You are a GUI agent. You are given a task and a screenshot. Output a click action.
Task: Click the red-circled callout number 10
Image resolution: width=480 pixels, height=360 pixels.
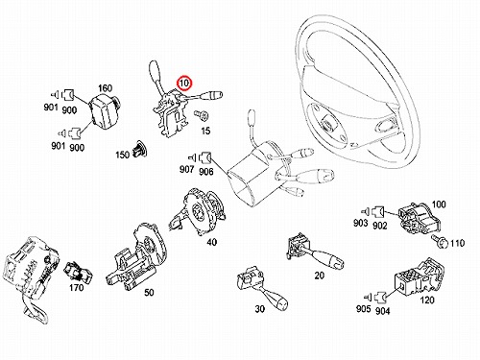point(184,84)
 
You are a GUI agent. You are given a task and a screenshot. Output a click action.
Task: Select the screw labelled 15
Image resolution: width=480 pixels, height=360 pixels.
point(202,115)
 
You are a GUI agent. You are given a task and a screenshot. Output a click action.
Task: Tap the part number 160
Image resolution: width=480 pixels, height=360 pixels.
point(105,88)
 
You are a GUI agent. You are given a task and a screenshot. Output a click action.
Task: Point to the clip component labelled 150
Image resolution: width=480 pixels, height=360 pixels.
point(140,149)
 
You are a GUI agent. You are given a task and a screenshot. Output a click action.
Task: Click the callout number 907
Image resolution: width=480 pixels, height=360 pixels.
point(186,169)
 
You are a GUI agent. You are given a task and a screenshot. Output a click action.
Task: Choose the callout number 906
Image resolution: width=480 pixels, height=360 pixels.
point(205,171)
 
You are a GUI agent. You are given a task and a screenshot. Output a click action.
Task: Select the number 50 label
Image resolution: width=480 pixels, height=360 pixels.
point(149,292)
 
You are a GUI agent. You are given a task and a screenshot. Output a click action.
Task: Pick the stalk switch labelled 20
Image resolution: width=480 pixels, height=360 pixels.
point(314,252)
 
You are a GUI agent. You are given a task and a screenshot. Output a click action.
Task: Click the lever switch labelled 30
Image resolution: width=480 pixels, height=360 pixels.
point(261,287)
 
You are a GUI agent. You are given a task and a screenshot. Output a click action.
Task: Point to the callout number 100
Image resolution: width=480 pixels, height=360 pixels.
point(439,204)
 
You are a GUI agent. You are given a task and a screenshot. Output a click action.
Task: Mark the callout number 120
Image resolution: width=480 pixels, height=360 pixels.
point(427,300)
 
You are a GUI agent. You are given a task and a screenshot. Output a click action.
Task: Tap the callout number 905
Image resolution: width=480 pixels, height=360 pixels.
point(363,308)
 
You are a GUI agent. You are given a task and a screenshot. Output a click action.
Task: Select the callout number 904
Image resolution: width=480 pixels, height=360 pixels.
point(382,311)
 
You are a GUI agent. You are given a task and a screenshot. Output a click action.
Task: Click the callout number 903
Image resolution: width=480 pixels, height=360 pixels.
point(360,223)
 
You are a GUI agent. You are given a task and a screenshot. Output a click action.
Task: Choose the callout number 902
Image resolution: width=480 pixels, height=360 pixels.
point(379,226)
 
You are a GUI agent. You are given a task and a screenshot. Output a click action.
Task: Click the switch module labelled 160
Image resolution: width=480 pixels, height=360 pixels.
point(104,109)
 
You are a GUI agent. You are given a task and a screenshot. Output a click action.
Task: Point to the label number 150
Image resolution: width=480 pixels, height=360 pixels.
point(122,155)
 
